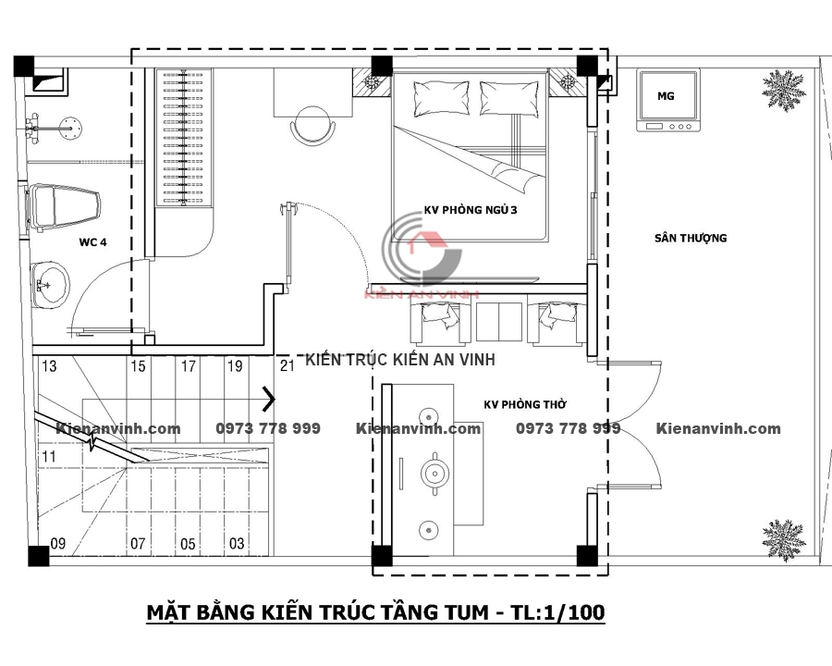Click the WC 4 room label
click(92, 242)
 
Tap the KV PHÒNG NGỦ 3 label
click(471, 210)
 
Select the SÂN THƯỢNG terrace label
click(691, 238)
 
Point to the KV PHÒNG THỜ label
click(525, 405)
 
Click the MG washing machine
click(667, 101)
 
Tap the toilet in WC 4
click(63, 209)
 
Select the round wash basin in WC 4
click(50, 284)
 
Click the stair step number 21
click(288, 365)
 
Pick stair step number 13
click(49, 366)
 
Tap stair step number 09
click(58, 543)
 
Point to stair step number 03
click(237, 543)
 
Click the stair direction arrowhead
click(270, 400)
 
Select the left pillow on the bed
click(441, 98)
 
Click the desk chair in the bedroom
click(313, 125)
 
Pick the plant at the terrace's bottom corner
click(784, 540)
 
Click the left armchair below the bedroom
click(440, 323)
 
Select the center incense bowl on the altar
click(435, 473)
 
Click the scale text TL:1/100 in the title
click(557, 612)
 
